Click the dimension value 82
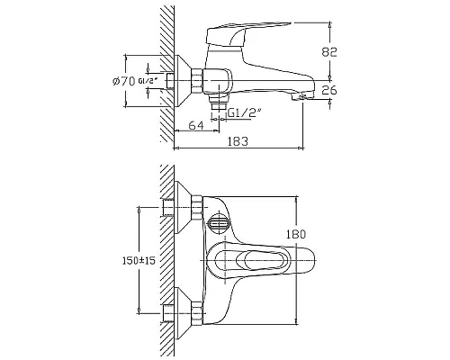click(329, 52)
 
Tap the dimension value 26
click(329, 90)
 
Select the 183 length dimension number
click(238, 141)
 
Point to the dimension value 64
click(196, 125)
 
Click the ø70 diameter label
click(124, 81)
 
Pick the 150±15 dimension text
click(139, 261)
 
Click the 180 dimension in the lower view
click(295, 234)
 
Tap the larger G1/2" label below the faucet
click(245, 113)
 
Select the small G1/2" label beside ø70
click(148, 81)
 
